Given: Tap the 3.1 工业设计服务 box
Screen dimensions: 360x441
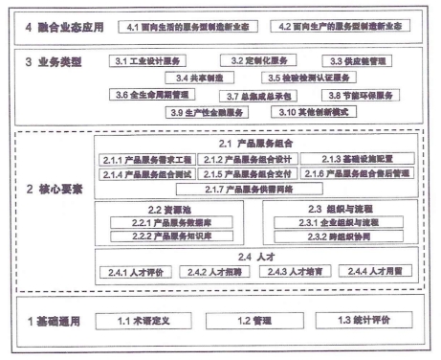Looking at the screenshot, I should pos(145,61).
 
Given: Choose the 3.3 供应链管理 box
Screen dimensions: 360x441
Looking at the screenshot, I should pos(358,61).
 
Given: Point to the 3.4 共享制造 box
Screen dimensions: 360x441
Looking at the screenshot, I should pos(192,78).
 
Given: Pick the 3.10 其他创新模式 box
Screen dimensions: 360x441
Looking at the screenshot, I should pos(304,112).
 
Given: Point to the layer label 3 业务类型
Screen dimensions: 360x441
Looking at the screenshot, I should pos(54,60).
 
